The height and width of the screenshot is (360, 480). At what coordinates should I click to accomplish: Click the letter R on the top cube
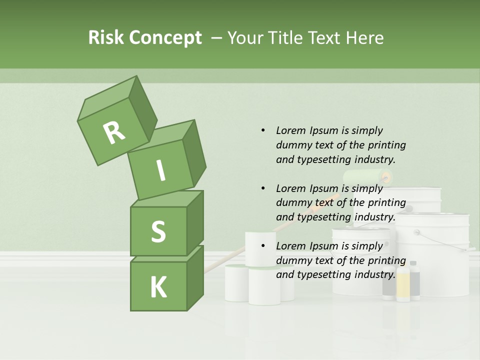(x=114, y=133)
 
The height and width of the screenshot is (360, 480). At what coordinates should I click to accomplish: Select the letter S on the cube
(x=158, y=231)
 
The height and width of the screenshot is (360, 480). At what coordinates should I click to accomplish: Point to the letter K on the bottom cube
(x=158, y=287)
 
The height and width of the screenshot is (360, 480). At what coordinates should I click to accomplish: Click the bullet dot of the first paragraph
(x=263, y=130)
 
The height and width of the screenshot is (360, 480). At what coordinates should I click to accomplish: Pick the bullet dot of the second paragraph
(x=263, y=188)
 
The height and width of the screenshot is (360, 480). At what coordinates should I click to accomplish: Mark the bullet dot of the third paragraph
(x=263, y=246)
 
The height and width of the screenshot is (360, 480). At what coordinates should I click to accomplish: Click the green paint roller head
(x=367, y=176)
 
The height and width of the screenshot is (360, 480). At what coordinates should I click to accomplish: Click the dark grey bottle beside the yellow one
(x=414, y=280)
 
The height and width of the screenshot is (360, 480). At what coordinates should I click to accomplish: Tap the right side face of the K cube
(x=195, y=277)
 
